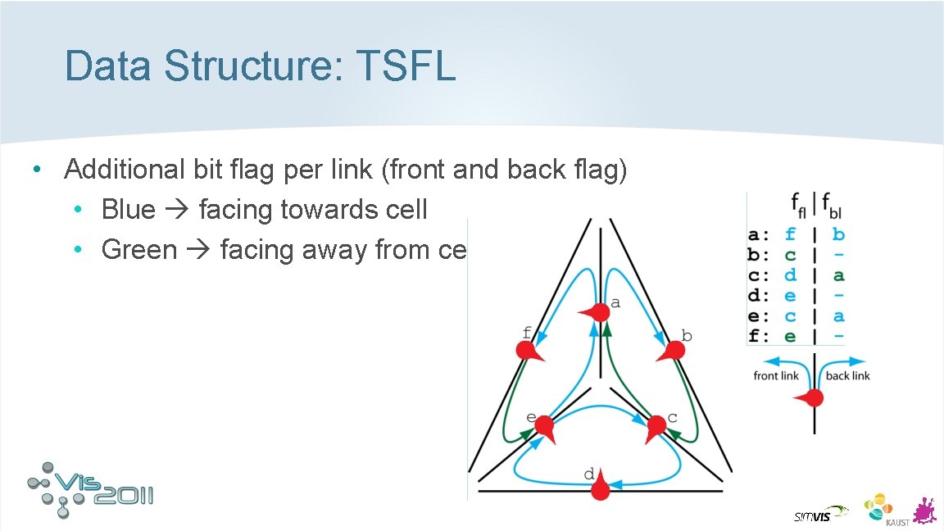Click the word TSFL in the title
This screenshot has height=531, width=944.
pyautogui.click(x=406, y=66)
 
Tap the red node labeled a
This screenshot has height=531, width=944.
pyautogui.click(x=599, y=311)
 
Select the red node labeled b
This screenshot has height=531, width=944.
pyautogui.click(x=672, y=351)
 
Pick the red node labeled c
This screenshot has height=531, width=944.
pyautogui.click(x=656, y=426)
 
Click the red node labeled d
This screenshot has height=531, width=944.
pyautogui.click(x=601, y=488)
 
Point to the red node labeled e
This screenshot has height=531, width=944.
pyautogui.click(x=543, y=427)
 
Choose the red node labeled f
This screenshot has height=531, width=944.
pyautogui.click(x=528, y=351)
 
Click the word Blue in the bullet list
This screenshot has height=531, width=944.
pyautogui.click(x=128, y=210)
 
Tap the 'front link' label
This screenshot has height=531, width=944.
pyautogui.click(x=775, y=376)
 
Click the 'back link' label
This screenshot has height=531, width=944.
pyautogui.click(x=847, y=376)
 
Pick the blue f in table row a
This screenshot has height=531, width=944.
pyautogui.click(x=790, y=235)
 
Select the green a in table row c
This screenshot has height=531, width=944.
pyautogui.click(x=838, y=276)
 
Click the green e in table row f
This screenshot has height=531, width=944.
pyautogui.click(x=790, y=337)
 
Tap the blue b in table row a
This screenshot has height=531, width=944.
pyautogui.click(x=838, y=235)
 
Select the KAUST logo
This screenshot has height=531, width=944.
pyautogui.click(x=878, y=508)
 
